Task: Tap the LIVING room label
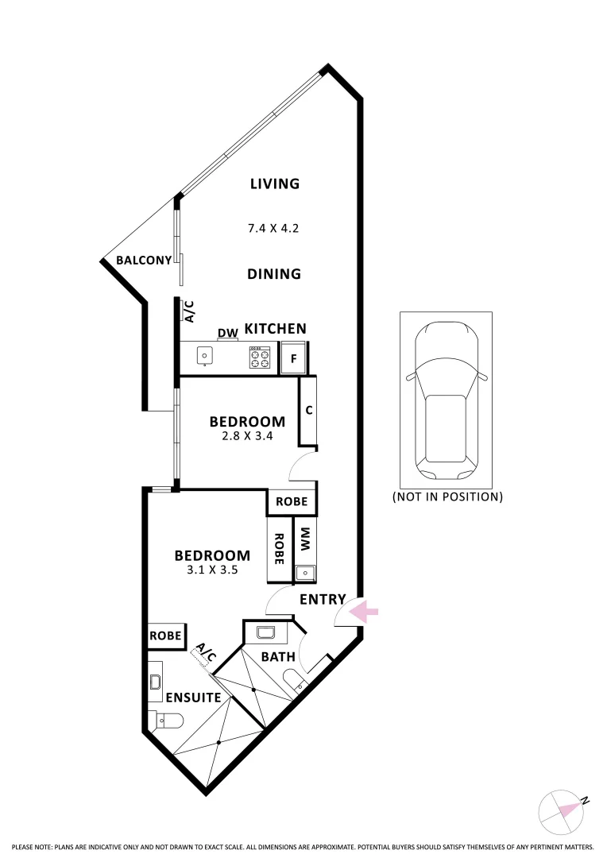275,184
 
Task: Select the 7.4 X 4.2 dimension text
273,228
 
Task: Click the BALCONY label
144,260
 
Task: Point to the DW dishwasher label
228,333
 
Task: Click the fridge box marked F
294,357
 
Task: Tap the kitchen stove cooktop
260,357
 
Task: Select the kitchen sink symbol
205,357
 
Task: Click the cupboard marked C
308,411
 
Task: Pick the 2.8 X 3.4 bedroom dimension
247,435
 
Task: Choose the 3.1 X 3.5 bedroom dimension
212,570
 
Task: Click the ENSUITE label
193,698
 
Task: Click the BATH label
278,657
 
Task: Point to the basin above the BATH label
266,633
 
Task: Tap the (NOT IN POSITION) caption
447,497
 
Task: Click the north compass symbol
563,811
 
